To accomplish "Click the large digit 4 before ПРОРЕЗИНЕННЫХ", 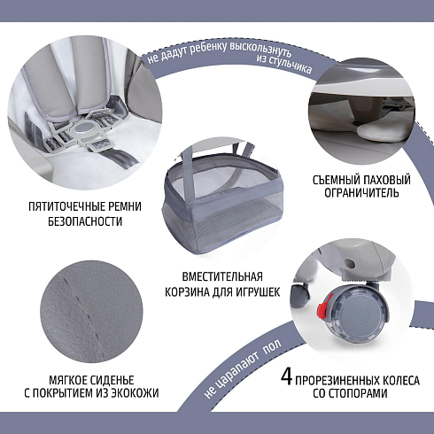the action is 286,377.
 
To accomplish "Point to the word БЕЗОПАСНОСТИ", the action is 85,221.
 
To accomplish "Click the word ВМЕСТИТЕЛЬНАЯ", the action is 222,277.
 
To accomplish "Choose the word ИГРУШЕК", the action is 258,292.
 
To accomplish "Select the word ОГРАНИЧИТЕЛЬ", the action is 361,193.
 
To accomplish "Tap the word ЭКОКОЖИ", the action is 135,393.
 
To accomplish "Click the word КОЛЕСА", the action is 401,381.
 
